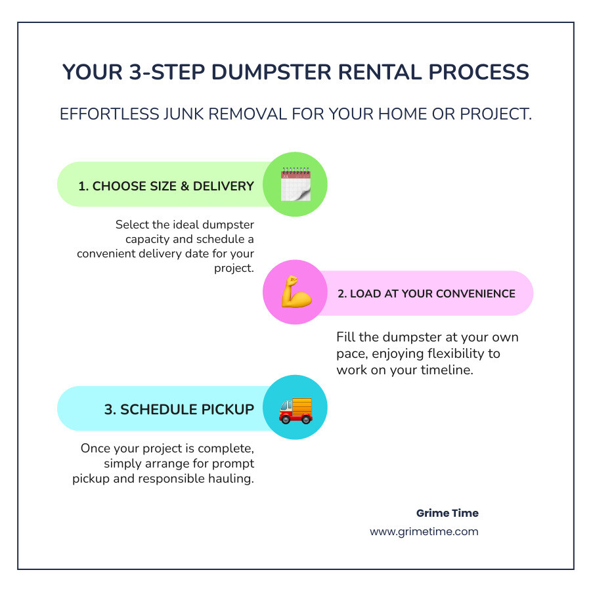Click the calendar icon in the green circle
coord(295,185)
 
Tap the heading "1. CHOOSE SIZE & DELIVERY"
coord(166,186)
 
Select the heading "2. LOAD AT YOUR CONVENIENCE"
coord(426,294)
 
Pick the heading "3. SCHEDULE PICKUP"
coord(179,409)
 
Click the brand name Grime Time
coord(447,513)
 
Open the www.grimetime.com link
coord(424,531)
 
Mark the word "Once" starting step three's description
coord(96,449)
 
